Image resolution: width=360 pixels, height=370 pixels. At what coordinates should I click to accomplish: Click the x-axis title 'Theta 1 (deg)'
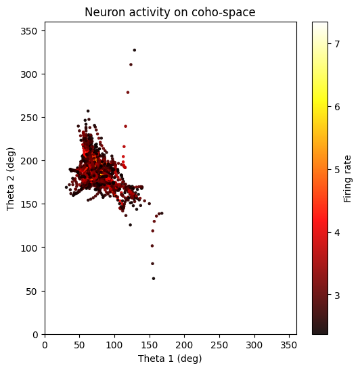click(x=171, y=359)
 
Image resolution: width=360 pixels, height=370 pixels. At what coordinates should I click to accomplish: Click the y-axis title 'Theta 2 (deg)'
click(x=12, y=178)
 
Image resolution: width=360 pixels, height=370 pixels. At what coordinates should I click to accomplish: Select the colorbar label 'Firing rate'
click(x=348, y=178)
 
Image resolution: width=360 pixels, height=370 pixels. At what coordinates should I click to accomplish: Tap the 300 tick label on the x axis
click(x=219, y=345)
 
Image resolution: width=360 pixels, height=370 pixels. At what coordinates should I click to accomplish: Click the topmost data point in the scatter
click(x=135, y=50)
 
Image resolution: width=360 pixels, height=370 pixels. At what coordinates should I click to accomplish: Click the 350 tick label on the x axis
click(x=290, y=345)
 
